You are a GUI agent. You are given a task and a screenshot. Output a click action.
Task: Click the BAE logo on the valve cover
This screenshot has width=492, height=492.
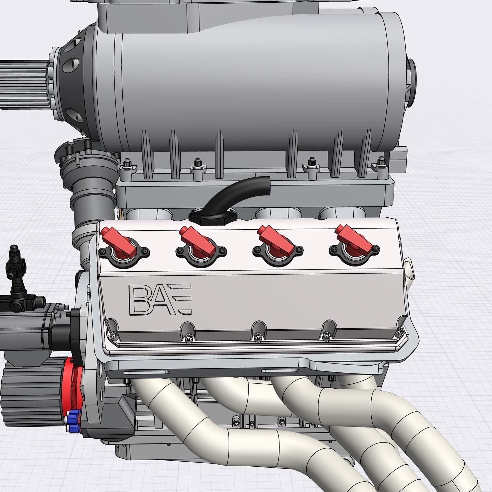click(x=160, y=299)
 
